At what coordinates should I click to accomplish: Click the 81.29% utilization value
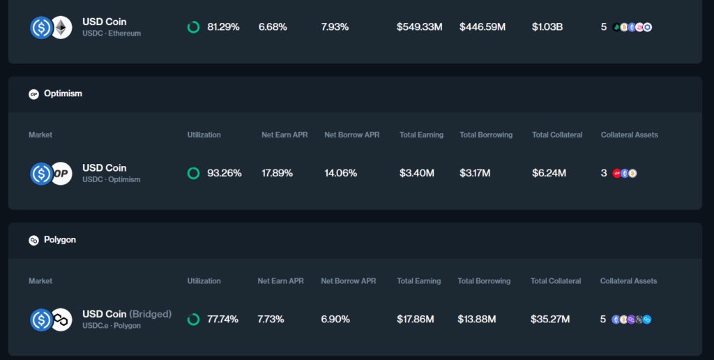[223, 27]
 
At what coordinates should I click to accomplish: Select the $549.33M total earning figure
[420, 27]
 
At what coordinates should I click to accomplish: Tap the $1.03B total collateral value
[547, 27]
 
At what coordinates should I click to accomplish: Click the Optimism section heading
[63, 93]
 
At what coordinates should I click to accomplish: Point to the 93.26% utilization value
[225, 173]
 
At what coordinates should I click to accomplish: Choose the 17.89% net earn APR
[278, 173]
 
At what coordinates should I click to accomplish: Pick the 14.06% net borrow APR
[341, 173]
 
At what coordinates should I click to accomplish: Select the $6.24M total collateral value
[549, 173]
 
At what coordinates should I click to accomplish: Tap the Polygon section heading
[60, 240]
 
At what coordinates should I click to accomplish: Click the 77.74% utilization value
[222, 320]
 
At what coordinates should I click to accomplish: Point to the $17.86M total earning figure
[416, 320]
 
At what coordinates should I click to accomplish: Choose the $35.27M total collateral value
[550, 320]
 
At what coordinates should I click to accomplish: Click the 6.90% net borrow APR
[336, 320]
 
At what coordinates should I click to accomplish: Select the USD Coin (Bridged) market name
[127, 314]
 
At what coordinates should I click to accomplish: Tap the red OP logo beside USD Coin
[61, 174]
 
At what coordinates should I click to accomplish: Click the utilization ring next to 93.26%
[193, 173]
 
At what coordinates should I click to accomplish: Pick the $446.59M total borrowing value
[483, 27]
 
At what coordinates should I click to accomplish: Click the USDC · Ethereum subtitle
[112, 33]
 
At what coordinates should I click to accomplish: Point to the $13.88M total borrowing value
[477, 320]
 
